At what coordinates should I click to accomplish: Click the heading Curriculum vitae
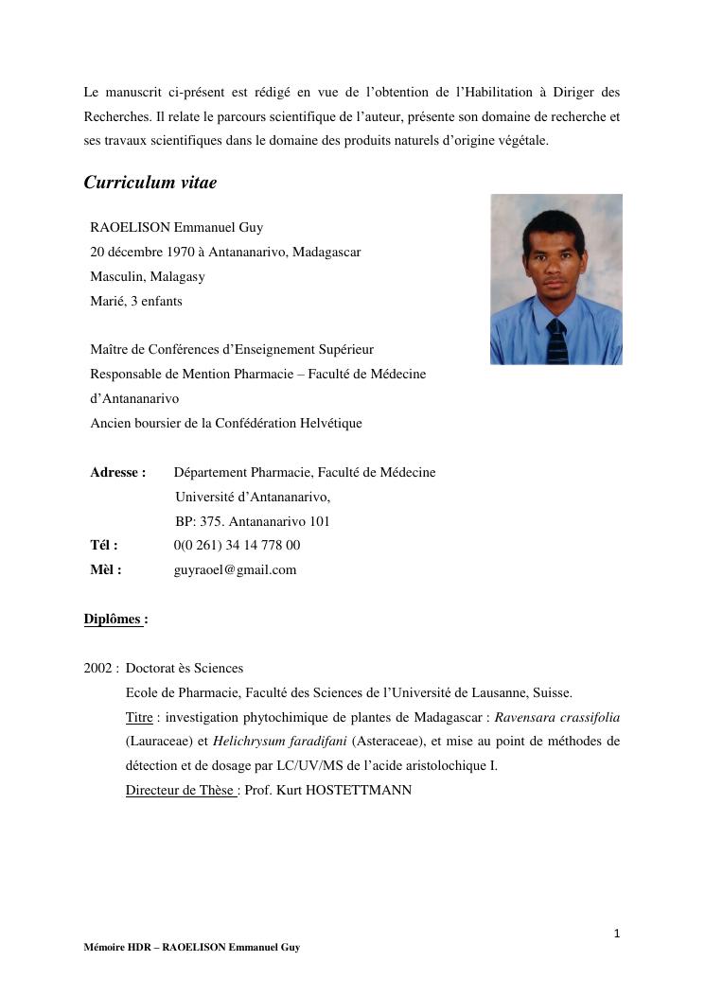click(150, 183)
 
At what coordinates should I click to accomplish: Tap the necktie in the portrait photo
click(556, 341)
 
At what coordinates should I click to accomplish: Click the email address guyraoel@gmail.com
click(235, 569)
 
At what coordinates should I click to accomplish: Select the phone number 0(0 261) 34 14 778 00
click(237, 545)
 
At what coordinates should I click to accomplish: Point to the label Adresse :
click(117, 472)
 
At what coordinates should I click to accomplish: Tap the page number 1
click(616, 934)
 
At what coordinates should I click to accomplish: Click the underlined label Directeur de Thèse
click(180, 789)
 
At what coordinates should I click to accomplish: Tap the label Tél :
click(104, 545)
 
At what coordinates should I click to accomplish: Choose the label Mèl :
click(106, 569)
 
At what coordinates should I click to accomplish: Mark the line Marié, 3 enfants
click(136, 301)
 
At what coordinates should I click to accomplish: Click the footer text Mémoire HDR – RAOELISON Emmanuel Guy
click(191, 947)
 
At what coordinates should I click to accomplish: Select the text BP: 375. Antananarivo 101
click(252, 521)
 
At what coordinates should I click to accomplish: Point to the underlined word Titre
click(139, 717)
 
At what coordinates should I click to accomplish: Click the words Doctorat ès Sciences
click(184, 668)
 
